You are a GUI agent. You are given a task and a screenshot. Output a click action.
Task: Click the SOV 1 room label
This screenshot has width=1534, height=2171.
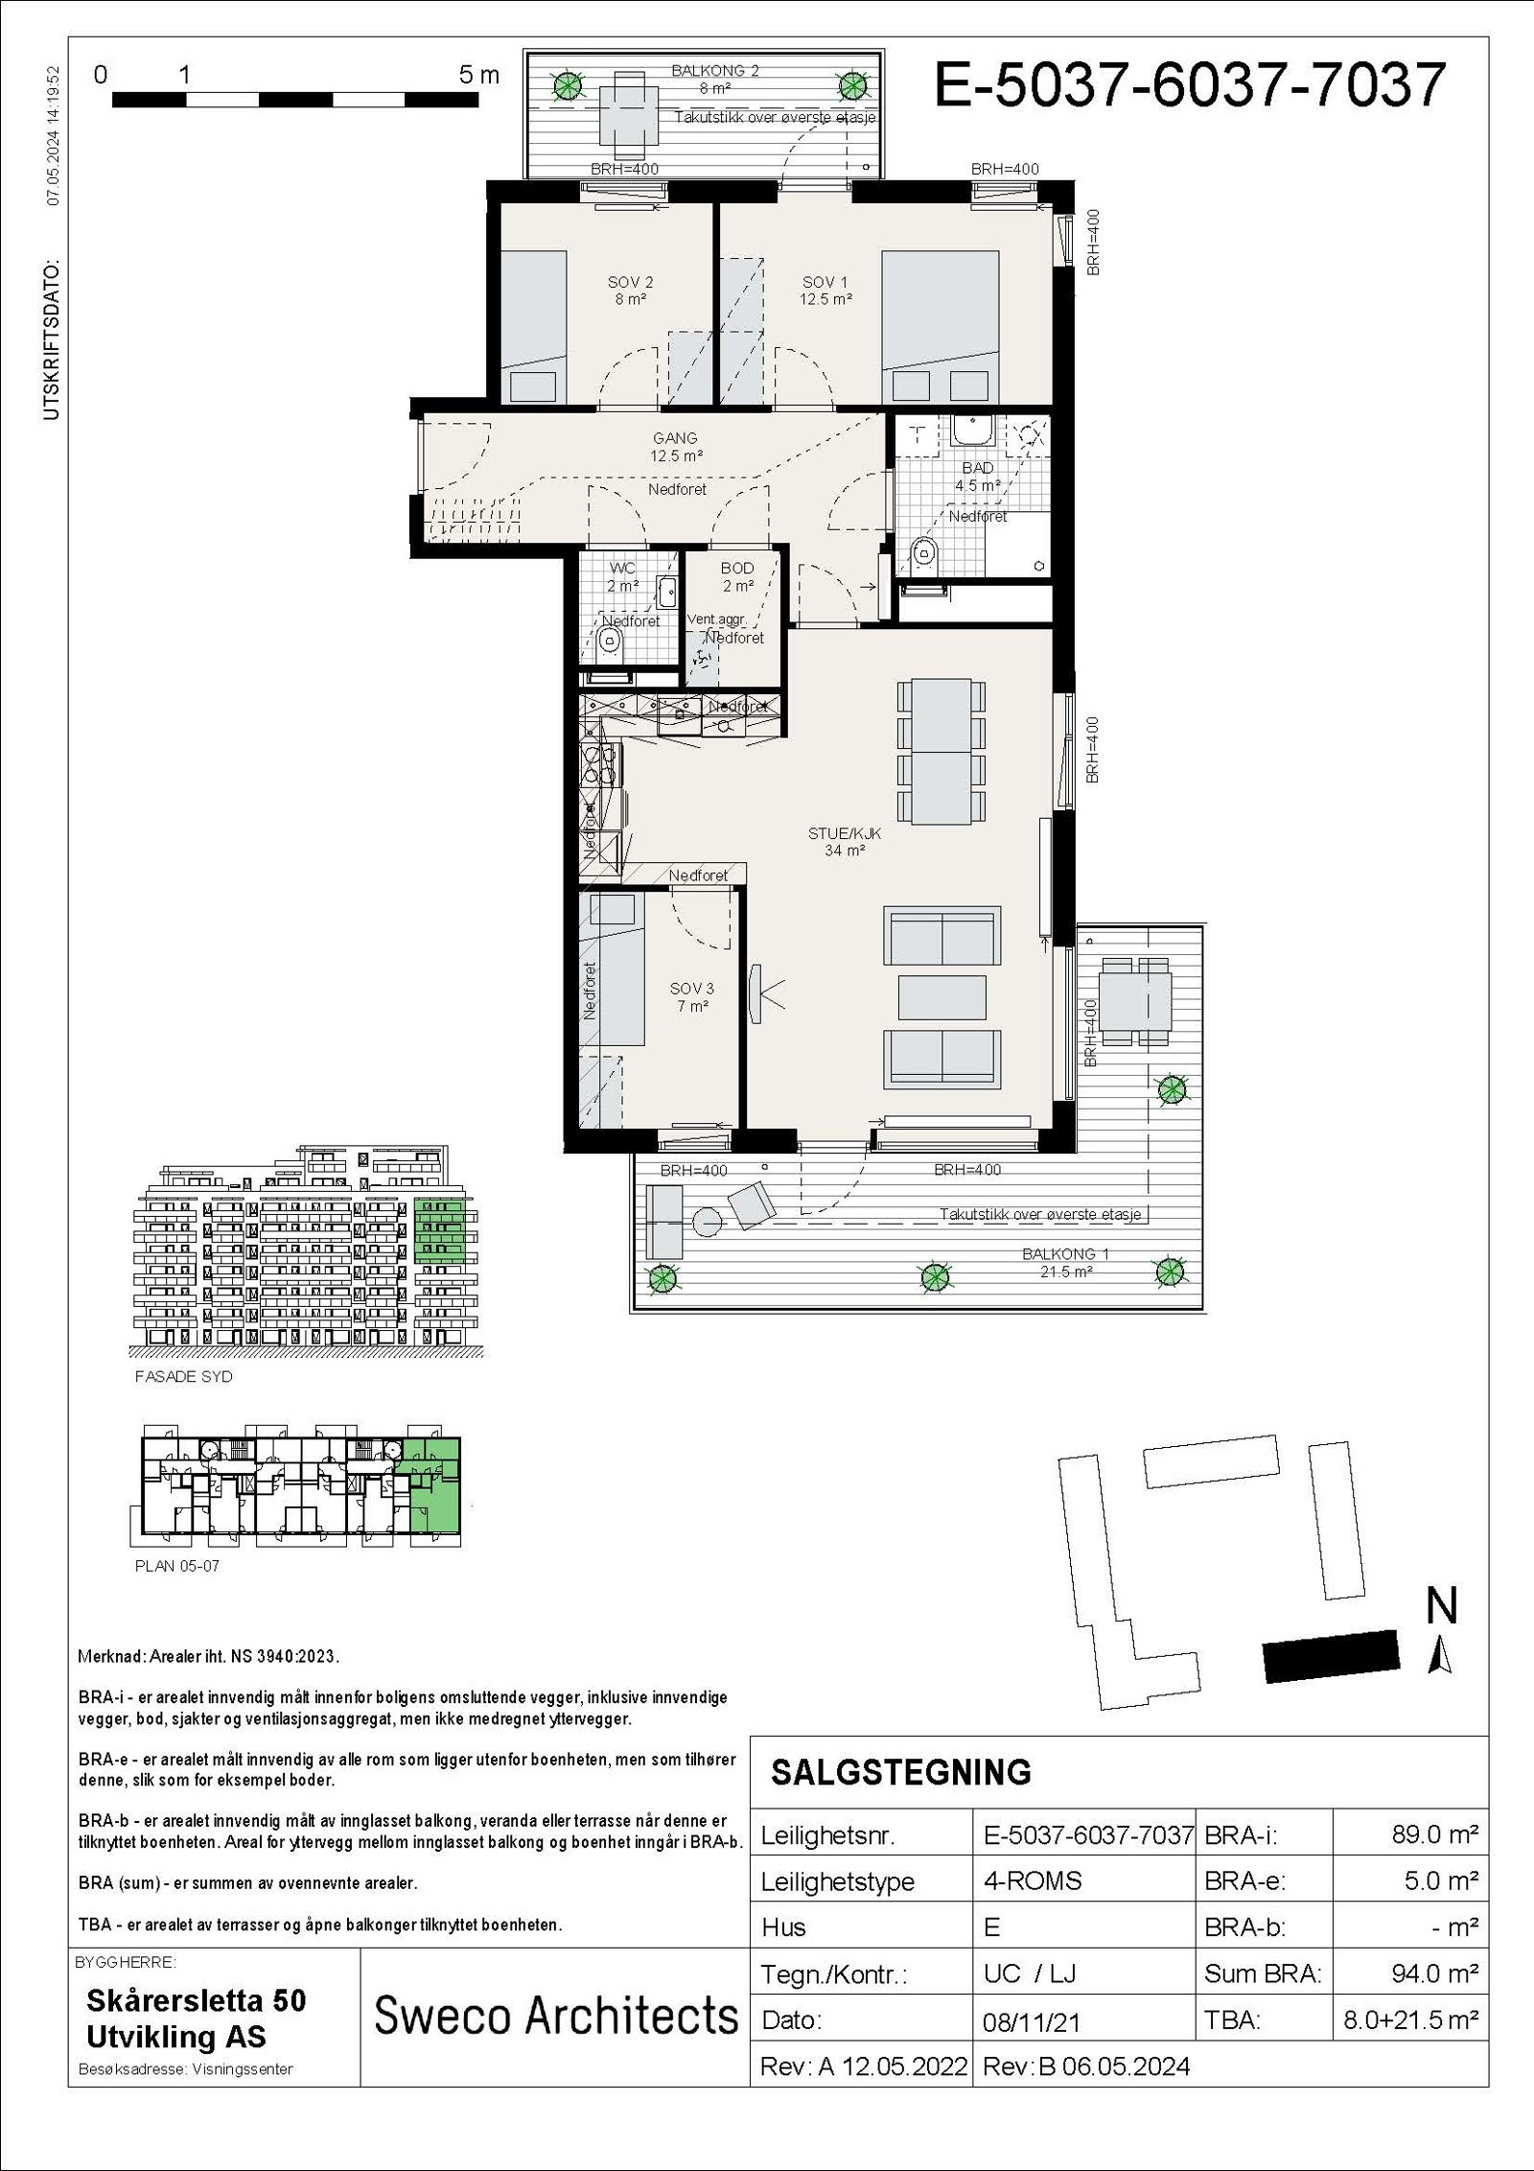825,290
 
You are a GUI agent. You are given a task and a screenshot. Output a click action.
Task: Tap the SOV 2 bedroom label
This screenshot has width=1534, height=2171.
630,290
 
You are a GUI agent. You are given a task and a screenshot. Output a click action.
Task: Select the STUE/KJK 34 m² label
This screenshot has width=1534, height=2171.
844,842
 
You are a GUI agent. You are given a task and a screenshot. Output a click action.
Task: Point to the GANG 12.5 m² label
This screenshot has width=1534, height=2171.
677,447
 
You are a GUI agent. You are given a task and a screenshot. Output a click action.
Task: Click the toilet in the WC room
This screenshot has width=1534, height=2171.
609,641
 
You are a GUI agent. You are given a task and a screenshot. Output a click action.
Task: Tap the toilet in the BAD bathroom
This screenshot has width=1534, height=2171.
923,553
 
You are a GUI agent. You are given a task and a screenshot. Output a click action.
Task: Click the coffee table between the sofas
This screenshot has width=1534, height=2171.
941,997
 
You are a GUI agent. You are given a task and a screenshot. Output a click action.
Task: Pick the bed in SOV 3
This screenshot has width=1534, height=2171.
615,969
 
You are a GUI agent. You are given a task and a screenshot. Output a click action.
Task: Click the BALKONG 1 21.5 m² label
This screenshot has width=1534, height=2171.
1058,1262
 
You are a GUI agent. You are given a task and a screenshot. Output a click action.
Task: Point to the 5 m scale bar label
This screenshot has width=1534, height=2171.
478,76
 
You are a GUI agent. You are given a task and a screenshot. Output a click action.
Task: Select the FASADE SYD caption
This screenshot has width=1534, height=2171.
184,1376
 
